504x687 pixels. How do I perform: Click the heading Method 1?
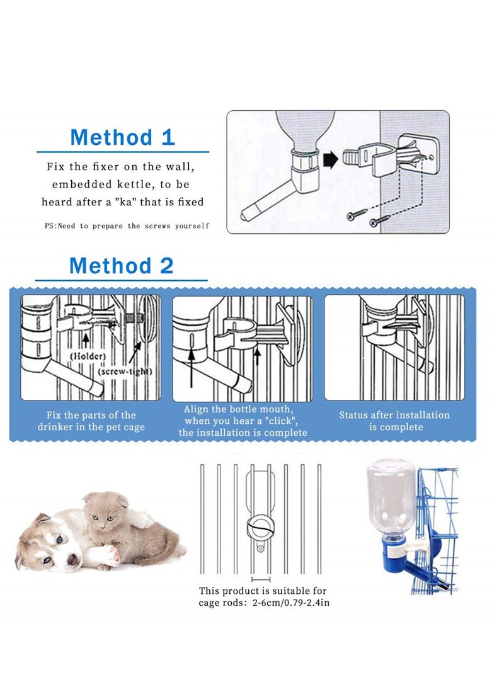pyautogui.click(x=122, y=137)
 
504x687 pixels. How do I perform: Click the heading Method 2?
pyautogui.click(x=121, y=265)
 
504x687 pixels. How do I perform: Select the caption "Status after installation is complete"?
pyautogui.click(x=394, y=421)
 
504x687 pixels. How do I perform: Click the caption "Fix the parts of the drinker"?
pyautogui.click(x=91, y=421)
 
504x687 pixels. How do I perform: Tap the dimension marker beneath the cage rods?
pyautogui.click(x=261, y=577)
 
